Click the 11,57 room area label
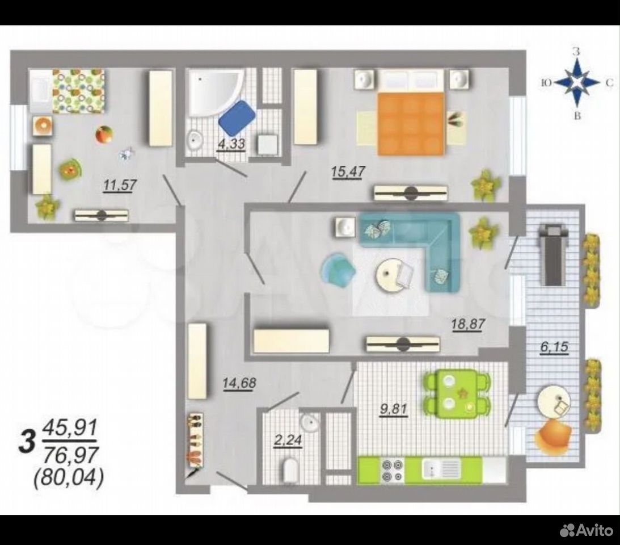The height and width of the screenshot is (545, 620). coord(120,185)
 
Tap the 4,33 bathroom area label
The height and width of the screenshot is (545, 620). coord(231,143)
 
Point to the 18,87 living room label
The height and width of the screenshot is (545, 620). coord(468,325)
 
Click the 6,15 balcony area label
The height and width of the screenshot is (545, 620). coord(554,347)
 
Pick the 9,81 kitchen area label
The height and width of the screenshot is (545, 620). coord(394,409)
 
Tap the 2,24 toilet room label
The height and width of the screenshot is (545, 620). coord(288,441)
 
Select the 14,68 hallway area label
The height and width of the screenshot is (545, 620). coord(239,383)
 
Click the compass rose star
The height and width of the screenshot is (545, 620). coord(576,83)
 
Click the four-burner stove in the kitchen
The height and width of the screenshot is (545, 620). coord(392,470)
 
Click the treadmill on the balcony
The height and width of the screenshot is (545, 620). coord(550,254)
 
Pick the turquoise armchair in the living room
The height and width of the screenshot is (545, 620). coord(338,269)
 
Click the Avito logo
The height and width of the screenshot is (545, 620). coord(587,530)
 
